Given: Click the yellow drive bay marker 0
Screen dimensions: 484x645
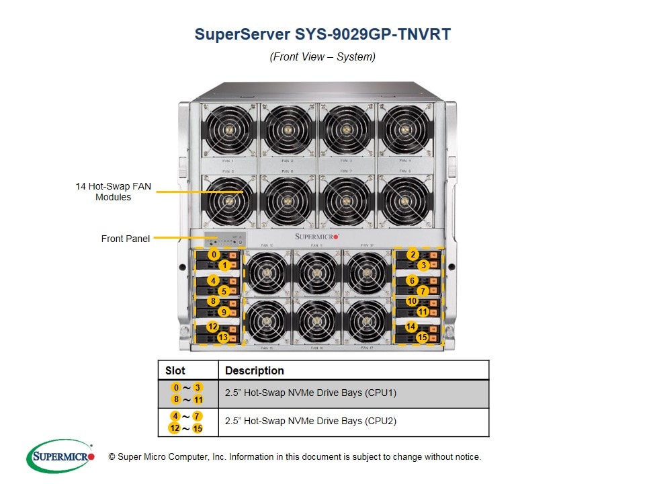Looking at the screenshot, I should (214, 255).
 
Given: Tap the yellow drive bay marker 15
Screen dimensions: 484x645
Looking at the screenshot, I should (423, 337).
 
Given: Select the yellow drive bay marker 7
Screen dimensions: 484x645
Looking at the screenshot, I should (423, 291).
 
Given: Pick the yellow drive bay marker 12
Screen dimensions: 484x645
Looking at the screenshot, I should (212, 327).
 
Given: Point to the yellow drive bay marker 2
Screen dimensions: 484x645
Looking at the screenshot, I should (413, 255).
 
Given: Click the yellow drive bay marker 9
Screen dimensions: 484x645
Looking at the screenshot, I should (223, 312).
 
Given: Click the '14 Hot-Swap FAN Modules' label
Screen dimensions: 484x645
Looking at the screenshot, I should (113, 192).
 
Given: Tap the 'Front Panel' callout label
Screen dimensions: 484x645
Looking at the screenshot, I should (125, 239).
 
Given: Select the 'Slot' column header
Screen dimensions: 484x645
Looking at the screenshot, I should (175, 370).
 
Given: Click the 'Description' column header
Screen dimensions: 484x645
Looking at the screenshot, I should (254, 370).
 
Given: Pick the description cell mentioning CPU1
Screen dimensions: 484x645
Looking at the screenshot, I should (310, 393).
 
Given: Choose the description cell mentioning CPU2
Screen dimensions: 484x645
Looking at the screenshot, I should (310, 421).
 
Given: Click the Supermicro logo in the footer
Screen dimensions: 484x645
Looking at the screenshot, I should (61, 456).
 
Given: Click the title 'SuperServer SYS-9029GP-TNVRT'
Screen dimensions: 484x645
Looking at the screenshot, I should (322, 34).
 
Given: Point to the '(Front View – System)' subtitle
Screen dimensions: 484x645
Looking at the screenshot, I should (322, 56).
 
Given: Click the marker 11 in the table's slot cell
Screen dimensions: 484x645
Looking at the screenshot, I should (198, 400).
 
